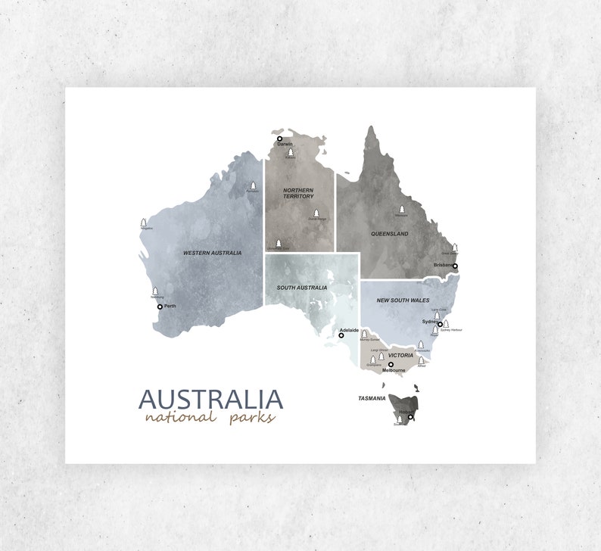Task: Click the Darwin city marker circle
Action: [279, 139]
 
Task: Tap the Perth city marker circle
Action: [160, 307]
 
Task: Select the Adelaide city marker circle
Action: [341, 335]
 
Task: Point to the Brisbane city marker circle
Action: [455, 266]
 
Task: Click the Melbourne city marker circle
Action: [391, 364]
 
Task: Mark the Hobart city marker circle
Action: [410, 417]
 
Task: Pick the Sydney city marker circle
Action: [440, 324]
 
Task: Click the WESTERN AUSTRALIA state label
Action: [212, 253]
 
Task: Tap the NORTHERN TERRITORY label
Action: [298, 193]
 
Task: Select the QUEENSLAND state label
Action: [389, 234]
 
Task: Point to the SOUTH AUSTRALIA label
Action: [301, 288]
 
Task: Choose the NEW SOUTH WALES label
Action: [403, 300]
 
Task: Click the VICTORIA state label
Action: [400, 355]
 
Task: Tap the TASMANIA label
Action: [372, 398]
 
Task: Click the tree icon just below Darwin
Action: [290, 152]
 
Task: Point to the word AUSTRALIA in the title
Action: [210, 399]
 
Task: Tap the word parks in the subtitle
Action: [252, 418]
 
